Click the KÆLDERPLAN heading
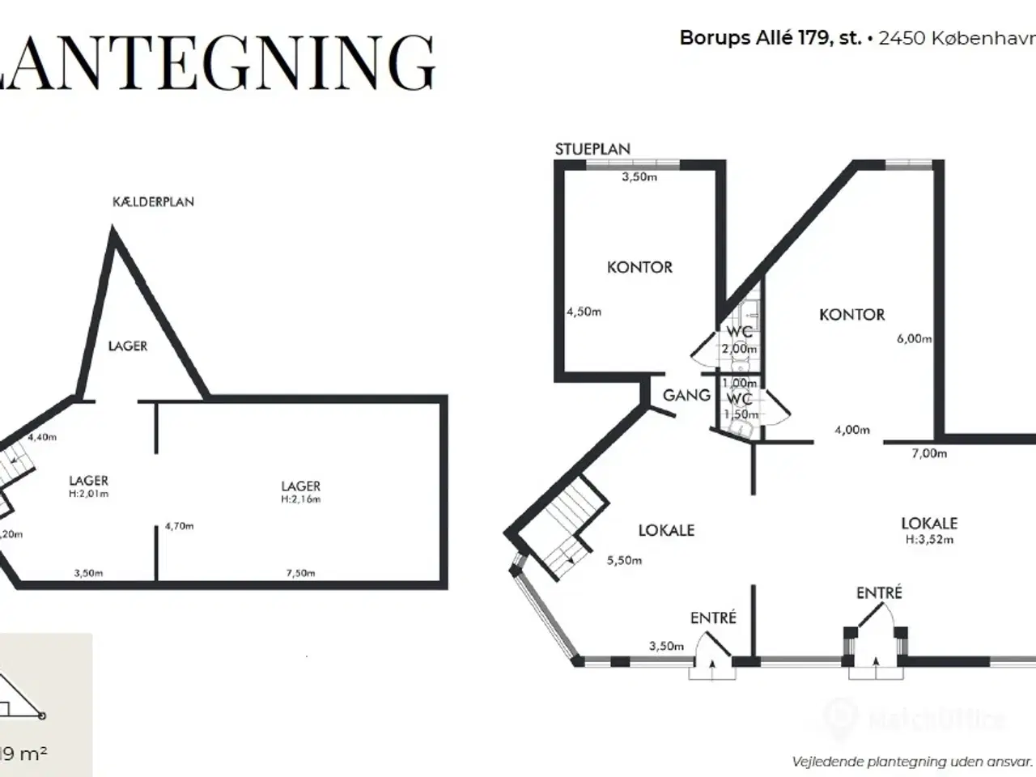(x=153, y=202)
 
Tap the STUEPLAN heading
(x=592, y=149)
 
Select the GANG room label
(x=686, y=395)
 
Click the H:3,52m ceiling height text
(x=929, y=539)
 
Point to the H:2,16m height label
(x=301, y=499)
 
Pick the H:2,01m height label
(x=88, y=493)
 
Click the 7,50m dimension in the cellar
(x=299, y=573)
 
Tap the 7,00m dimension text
(x=929, y=453)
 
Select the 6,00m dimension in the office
(x=914, y=339)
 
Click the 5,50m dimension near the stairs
(x=625, y=560)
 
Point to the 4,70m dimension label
(x=179, y=526)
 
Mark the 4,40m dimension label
(x=42, y=437)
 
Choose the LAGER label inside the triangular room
(x=128, y=346)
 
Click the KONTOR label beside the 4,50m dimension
(x=639, y=267)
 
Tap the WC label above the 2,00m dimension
(x=739, y=332)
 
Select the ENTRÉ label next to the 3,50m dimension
(x=713, y=618)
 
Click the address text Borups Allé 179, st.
(x=771, y=38)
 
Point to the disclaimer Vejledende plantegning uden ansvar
(x=912, y=761)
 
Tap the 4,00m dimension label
(x=852, y=430)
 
